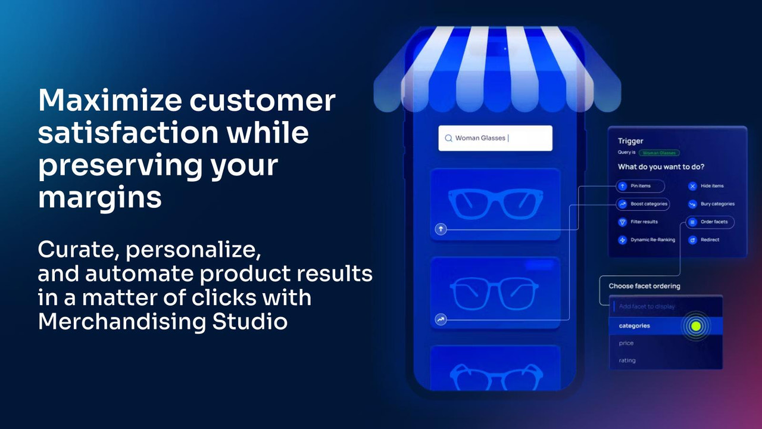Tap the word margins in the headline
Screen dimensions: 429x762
point(99,198)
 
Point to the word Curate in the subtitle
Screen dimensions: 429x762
point(77,250)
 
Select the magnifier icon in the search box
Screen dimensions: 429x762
point(448,138)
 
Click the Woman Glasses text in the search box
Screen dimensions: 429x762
point(480,138)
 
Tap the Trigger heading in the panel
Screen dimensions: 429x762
point(630,141)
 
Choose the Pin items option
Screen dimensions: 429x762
point(640,186)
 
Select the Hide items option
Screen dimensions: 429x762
point(711,186)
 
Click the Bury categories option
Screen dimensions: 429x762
point(717,204)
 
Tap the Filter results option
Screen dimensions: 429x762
point(644,222)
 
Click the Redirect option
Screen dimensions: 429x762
point(709,240)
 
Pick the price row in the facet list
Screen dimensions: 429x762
point(626,343)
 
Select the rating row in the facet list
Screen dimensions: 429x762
point(627,360)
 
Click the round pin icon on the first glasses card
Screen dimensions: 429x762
point(441,229)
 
